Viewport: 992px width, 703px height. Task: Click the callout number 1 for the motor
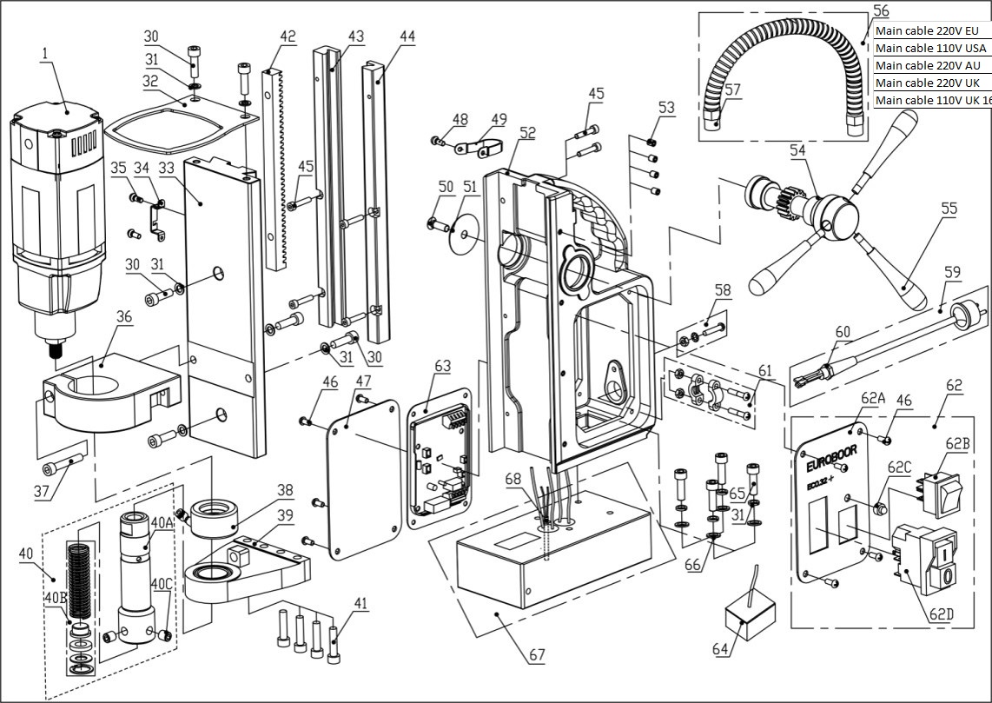click(43, 54)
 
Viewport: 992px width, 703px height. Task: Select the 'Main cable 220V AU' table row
click(928, 65)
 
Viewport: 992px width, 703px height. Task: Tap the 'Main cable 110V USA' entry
click(930, 48)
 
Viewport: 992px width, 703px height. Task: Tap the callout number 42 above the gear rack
click(288, 37)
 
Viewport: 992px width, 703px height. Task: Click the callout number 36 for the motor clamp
click(123, 317)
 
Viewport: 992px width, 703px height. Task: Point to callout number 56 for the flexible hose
click(881, 11)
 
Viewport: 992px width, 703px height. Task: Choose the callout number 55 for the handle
click(923, 209)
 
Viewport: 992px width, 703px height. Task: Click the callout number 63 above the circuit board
click(442, 366)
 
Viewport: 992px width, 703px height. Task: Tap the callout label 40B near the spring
click(56, 599)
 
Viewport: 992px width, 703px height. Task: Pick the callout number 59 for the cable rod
click(952, 272)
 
